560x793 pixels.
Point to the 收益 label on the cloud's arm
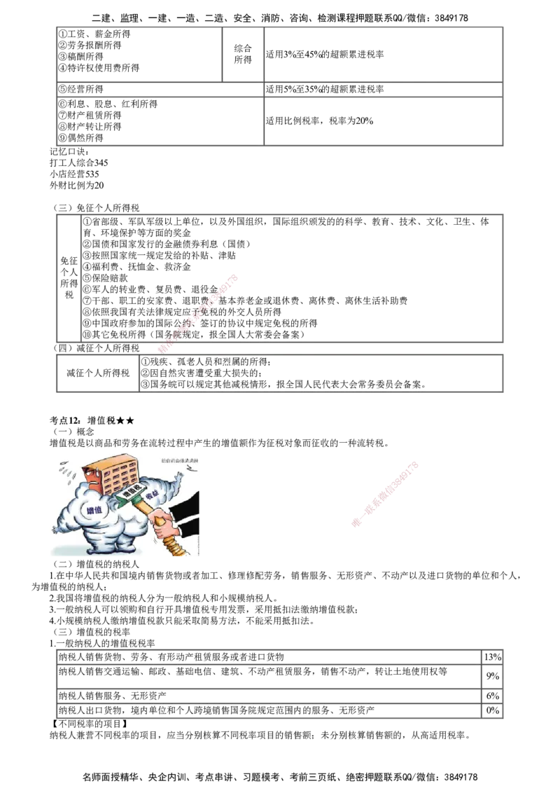coord(150,495)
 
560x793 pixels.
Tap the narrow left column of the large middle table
coord(69,277)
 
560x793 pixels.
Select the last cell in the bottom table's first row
coord(491,656)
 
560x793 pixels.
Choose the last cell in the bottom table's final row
coord(491,712)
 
